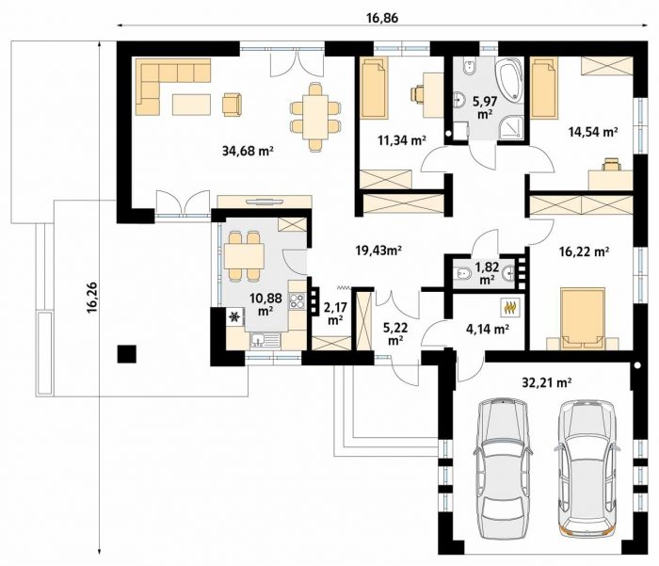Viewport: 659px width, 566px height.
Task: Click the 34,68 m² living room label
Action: click(248, 151)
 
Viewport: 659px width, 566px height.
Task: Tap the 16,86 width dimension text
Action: click(382, 18)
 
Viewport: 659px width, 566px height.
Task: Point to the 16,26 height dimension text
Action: click(92, 298)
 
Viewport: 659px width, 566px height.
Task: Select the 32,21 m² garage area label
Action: click(546, 382)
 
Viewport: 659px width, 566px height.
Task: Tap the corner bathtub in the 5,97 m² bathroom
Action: click(509, 81)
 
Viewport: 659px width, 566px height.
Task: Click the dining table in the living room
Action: click(315, 117)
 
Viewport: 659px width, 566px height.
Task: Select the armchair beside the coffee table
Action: click(232, 104)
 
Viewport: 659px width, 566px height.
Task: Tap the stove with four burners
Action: click(297, 300)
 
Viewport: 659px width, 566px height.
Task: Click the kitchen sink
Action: click(265, 340)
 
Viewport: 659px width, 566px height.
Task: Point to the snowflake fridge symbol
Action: click(235, 316)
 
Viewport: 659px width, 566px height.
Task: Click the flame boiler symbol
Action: click(510, 307)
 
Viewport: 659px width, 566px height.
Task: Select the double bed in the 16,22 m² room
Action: click(583, 318)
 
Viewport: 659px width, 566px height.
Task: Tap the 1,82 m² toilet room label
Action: click(487, 273)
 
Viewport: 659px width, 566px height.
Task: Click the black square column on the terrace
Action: click(126, 354)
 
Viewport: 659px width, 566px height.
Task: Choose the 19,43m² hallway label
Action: click(378, 251)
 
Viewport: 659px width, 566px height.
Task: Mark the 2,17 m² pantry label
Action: click(335, 314)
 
